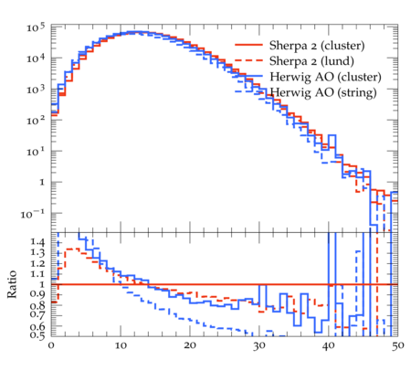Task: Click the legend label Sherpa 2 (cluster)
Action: [x=317, y=45]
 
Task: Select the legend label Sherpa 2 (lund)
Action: [x=311, y=61]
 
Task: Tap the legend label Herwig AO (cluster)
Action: [x=325, y=77]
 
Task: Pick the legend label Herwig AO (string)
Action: [x=323, y=92]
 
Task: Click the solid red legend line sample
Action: [x=248, y=45]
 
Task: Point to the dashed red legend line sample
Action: [x=248, y=60]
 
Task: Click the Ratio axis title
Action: [x=12, y=284]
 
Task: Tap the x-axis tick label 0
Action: [x=51, y=345]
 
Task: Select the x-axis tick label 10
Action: [x=121, y=345]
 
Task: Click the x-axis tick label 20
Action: [x=190, y=345]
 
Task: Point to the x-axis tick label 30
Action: [x=259, y=345]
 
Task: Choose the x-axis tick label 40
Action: [x=329, y=345]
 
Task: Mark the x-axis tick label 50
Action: [x=398, y=345]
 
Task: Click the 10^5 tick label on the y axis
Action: [x=36, y=27]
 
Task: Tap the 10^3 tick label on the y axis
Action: [x=36, y=90]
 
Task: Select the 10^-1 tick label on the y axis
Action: [x=33, y=214]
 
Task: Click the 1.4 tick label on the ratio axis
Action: [x=37, y=242]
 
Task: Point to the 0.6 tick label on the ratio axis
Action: [x=37, y=326]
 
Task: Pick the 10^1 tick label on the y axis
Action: [x=36, y=152]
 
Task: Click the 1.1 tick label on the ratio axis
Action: [x=37, y=274]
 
